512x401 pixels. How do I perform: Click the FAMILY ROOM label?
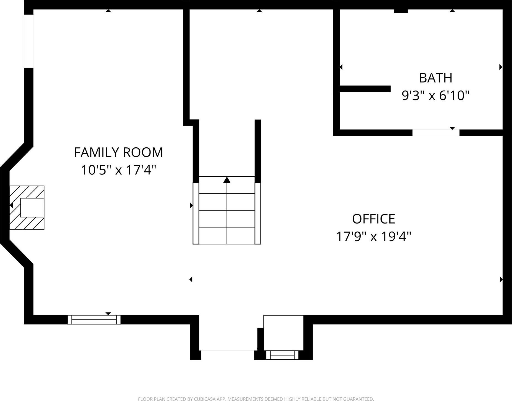(118, 152)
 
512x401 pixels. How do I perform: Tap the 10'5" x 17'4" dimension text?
(118, 170)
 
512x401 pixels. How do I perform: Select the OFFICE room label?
(373, 219)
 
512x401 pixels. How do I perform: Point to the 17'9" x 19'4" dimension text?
(373, 237)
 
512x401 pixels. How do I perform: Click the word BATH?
(436, 78)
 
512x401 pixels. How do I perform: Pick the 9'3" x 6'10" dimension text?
(436, 95)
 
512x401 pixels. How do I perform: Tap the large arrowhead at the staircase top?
(227, 180)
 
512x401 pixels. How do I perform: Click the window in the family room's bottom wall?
(94, 320)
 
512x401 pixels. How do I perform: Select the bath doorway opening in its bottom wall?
(436, 133)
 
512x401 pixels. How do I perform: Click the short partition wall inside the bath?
(365, 89)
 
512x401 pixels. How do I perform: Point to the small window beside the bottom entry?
(282, 355)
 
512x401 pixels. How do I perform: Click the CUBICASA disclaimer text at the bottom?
(256, 399)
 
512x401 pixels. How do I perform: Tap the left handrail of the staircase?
(196, 213)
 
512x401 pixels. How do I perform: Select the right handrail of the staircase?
(258, 213)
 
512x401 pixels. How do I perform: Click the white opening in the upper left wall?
(29, 41)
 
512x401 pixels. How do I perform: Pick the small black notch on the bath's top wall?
(400, 11)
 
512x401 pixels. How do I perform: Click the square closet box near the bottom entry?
(283, 333)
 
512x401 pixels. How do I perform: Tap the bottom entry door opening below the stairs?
(228, 351)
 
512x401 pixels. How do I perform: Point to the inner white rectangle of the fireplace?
(32, 207)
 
